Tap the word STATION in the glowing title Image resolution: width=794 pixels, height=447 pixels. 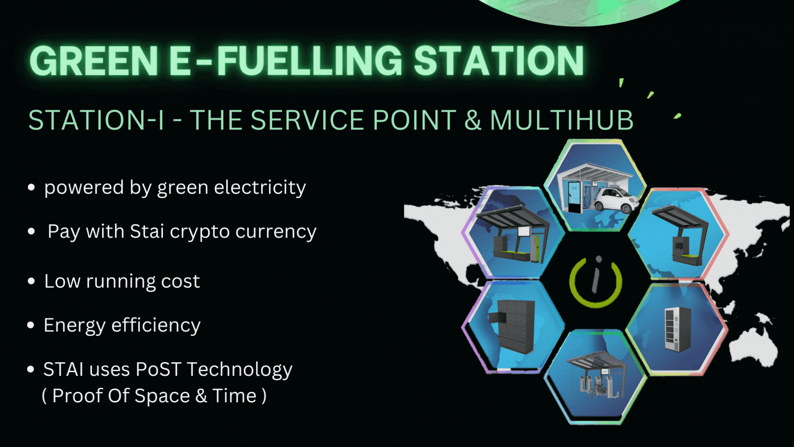point(499,61)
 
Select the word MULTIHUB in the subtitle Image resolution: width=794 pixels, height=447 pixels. point(562,120)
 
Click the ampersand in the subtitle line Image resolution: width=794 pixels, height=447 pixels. point(473,120)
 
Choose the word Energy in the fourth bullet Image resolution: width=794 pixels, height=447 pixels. point(74,326)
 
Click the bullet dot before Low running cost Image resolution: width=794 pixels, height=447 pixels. point(31,281)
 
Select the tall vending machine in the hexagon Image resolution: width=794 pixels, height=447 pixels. point(677,329)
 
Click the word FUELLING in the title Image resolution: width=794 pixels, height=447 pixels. point(310,61)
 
